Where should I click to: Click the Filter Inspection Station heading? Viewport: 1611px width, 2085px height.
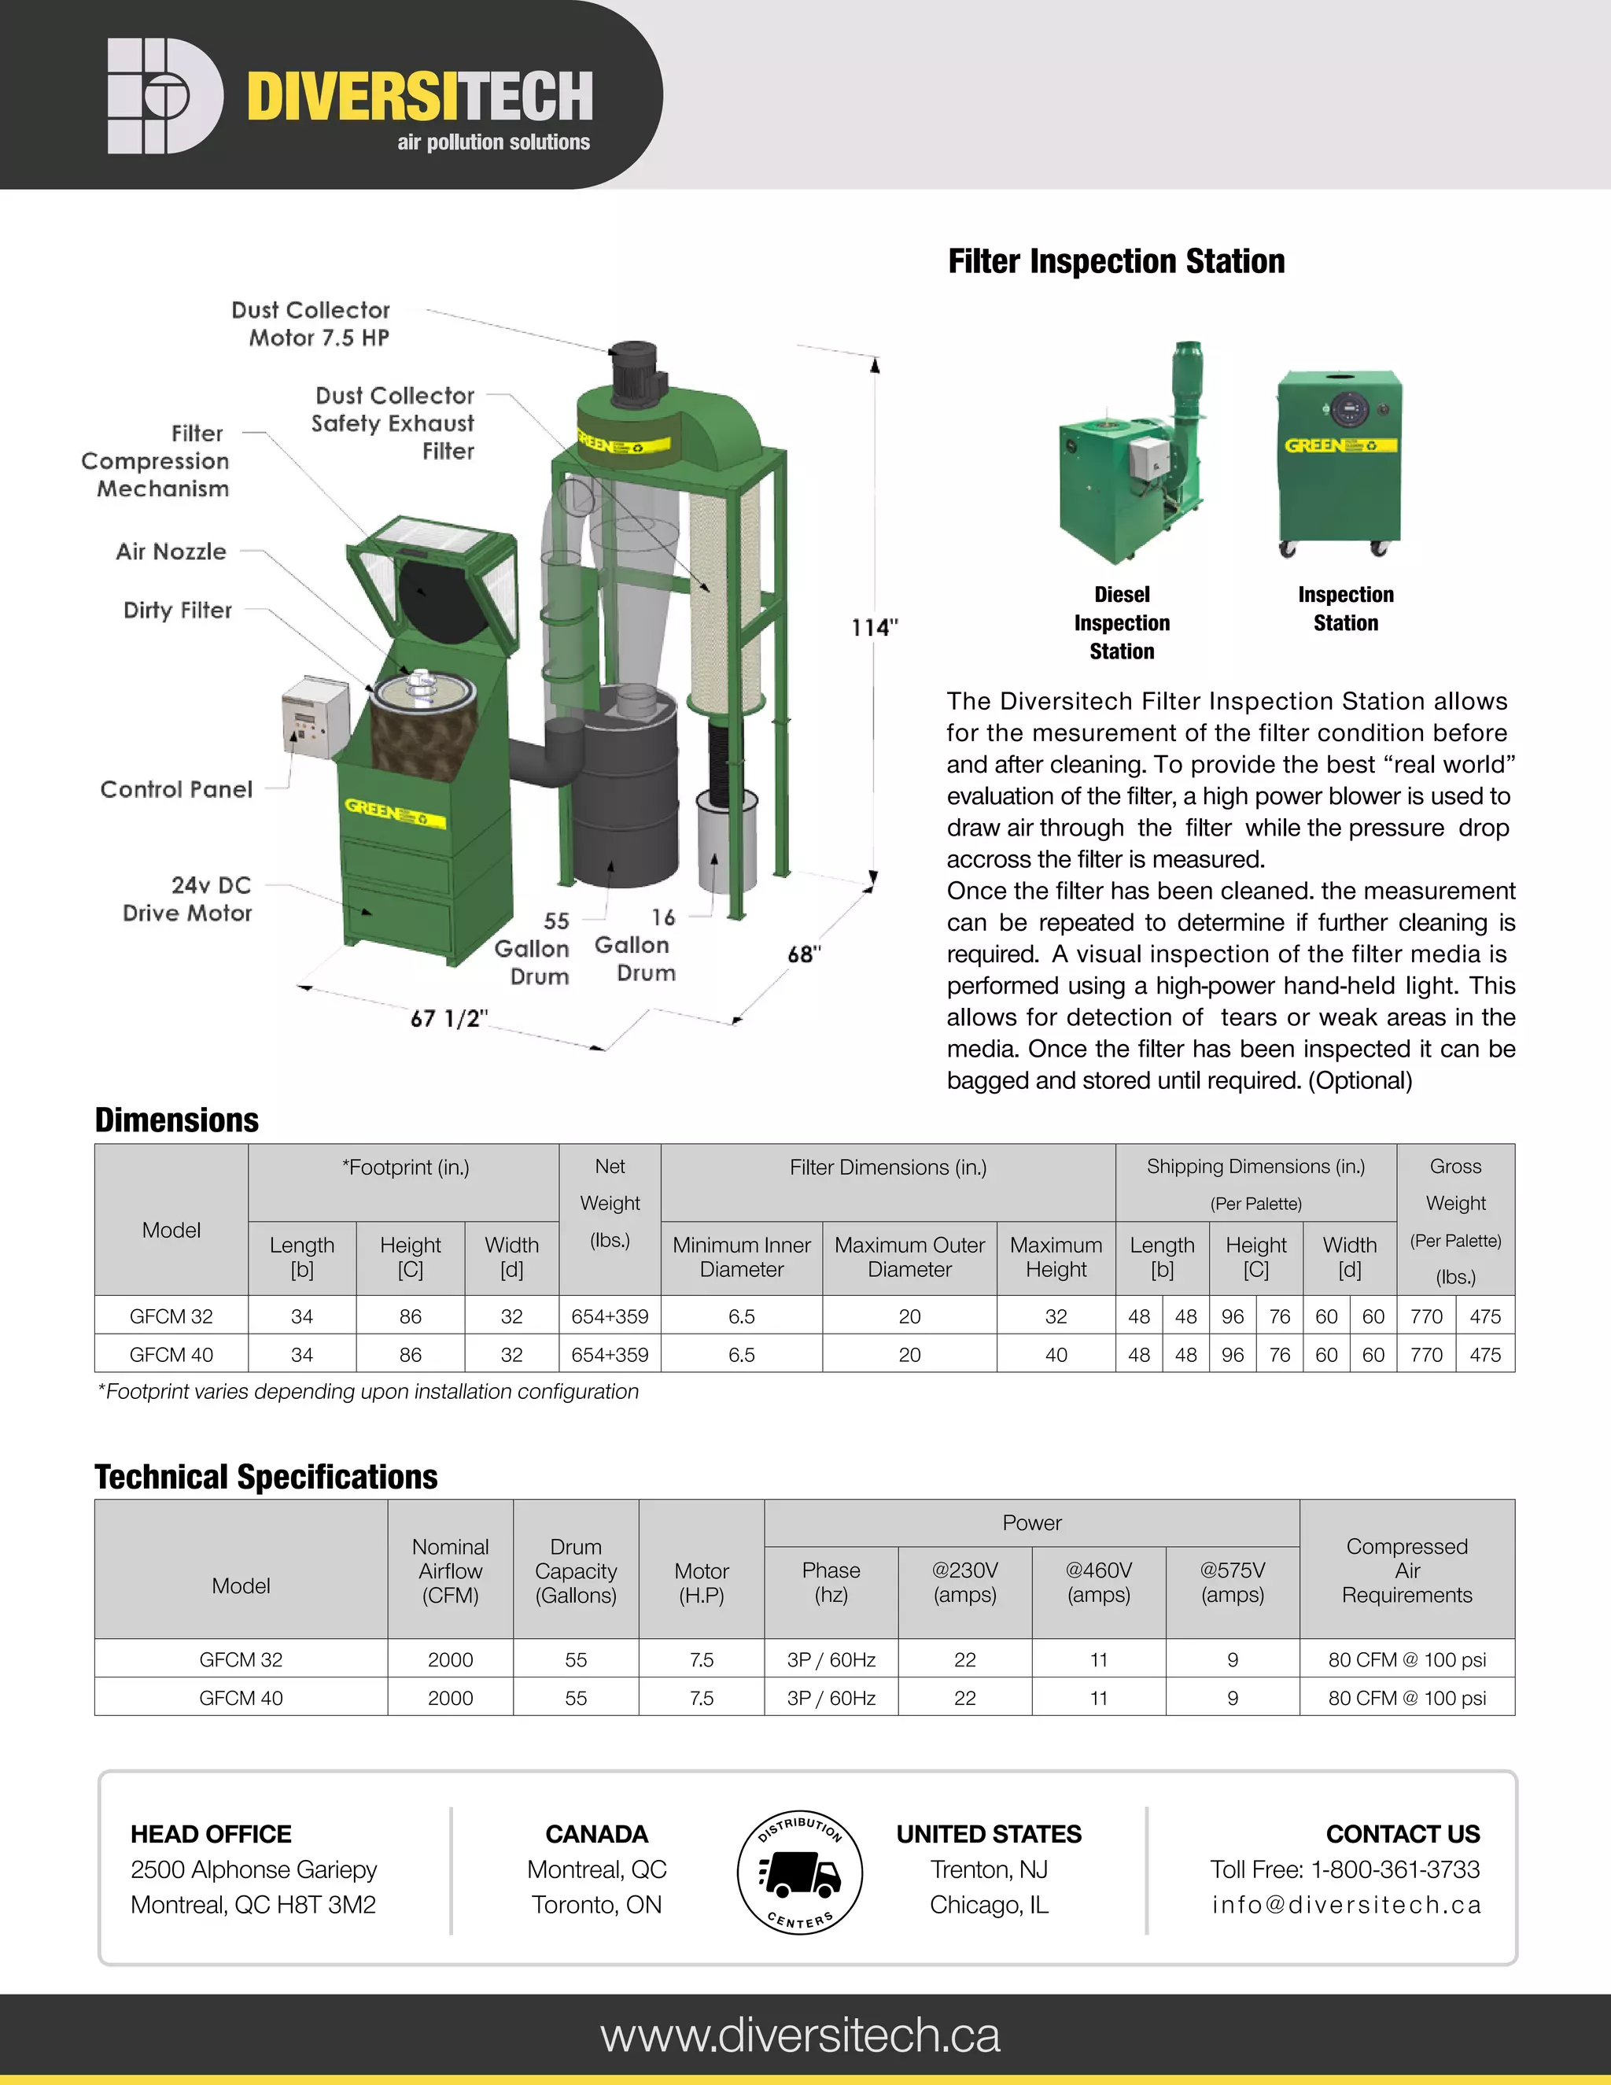[x=1115, y=260]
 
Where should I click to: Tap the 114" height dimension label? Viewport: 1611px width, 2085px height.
[x=874, y=627]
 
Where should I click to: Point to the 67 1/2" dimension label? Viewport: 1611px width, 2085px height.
[x=448, y=1019]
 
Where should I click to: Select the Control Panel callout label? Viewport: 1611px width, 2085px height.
[x=176, y=789]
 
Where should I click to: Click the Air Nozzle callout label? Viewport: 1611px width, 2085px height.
[x=171, y=552]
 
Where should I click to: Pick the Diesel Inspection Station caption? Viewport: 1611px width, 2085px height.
[x=1122, y=622]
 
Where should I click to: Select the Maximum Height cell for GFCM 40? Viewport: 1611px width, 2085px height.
[x=1056, y=1355]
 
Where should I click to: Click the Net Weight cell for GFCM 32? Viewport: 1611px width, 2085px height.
[x=609, y=1316]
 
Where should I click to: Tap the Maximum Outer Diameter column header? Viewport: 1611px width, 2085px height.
[x=909, y=1257]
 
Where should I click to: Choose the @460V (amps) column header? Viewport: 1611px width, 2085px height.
[x=1098, y=1583]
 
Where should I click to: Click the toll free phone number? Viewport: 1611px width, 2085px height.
[x=1344, y=1869]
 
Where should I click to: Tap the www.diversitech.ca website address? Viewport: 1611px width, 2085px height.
[x=800, y=2035]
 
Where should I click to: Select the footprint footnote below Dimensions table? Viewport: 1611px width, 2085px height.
[x=367, y=1392]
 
